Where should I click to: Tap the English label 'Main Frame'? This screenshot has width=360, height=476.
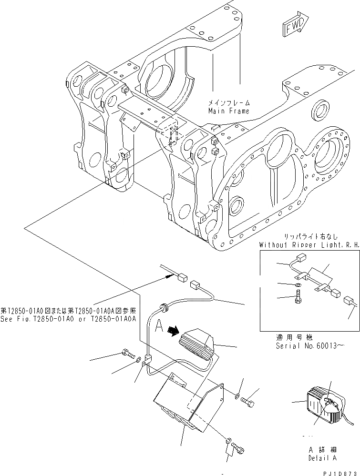pyautogui.click(x=228, y=111)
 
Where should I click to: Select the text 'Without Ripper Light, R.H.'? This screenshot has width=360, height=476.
pyautogui.click(x=309, y=245)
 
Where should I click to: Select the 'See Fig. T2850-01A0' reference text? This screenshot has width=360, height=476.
pyautogui.click(x=70, y=320)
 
